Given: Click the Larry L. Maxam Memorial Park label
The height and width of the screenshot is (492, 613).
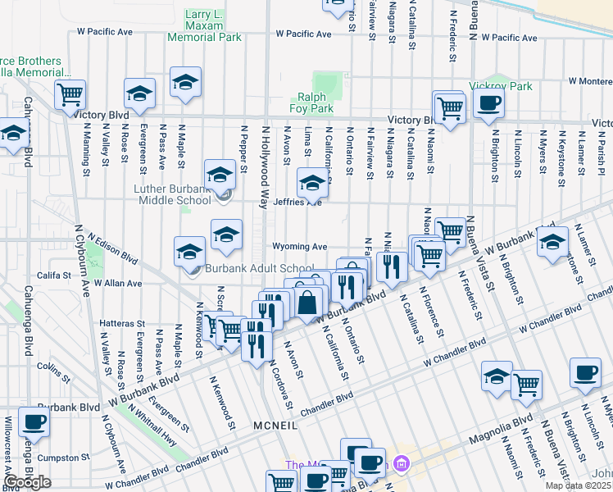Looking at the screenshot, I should tap(204, 26).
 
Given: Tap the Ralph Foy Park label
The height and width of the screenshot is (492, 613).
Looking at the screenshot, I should tap(311, 102).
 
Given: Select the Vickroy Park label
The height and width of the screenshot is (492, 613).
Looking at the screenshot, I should tap(501, 86).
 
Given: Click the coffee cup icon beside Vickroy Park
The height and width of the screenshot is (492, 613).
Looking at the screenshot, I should tap(488, 104).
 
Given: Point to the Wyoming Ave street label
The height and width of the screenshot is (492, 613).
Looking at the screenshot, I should tap(300, 247).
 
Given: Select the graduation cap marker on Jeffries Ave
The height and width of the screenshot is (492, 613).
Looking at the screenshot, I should tap(311, 183).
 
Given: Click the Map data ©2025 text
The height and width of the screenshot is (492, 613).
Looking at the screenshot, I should tap(579, 485).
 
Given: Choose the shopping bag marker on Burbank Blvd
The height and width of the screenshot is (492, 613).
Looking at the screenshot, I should tap(307, 303).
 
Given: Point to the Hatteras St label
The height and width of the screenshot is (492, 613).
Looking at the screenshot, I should tap(122, 324).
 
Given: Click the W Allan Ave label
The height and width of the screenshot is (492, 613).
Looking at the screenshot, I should tap(118, 282).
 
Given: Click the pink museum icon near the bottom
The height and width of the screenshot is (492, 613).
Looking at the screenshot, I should tap(401, 465).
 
